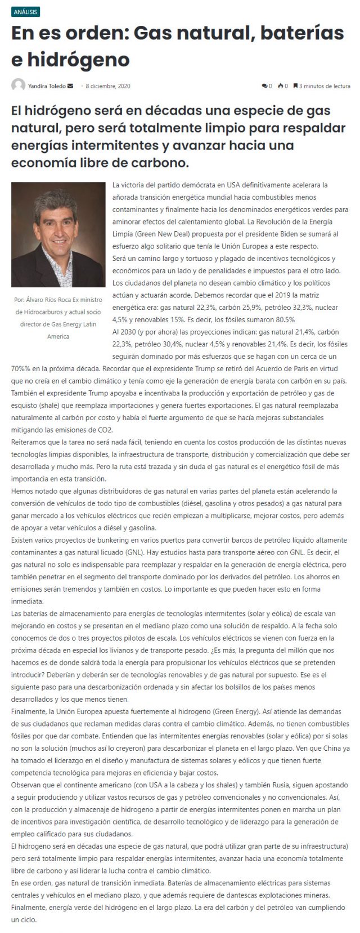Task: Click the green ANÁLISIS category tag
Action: point(26,12)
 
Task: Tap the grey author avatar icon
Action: point(19,85)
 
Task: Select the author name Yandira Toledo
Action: point(47,86)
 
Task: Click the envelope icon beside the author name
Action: point(70,86)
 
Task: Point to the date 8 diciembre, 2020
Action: point(108,86)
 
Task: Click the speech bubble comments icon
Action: point(264,86)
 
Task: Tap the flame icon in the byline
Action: point(280,86)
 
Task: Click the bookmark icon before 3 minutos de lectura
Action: point(295,86)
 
